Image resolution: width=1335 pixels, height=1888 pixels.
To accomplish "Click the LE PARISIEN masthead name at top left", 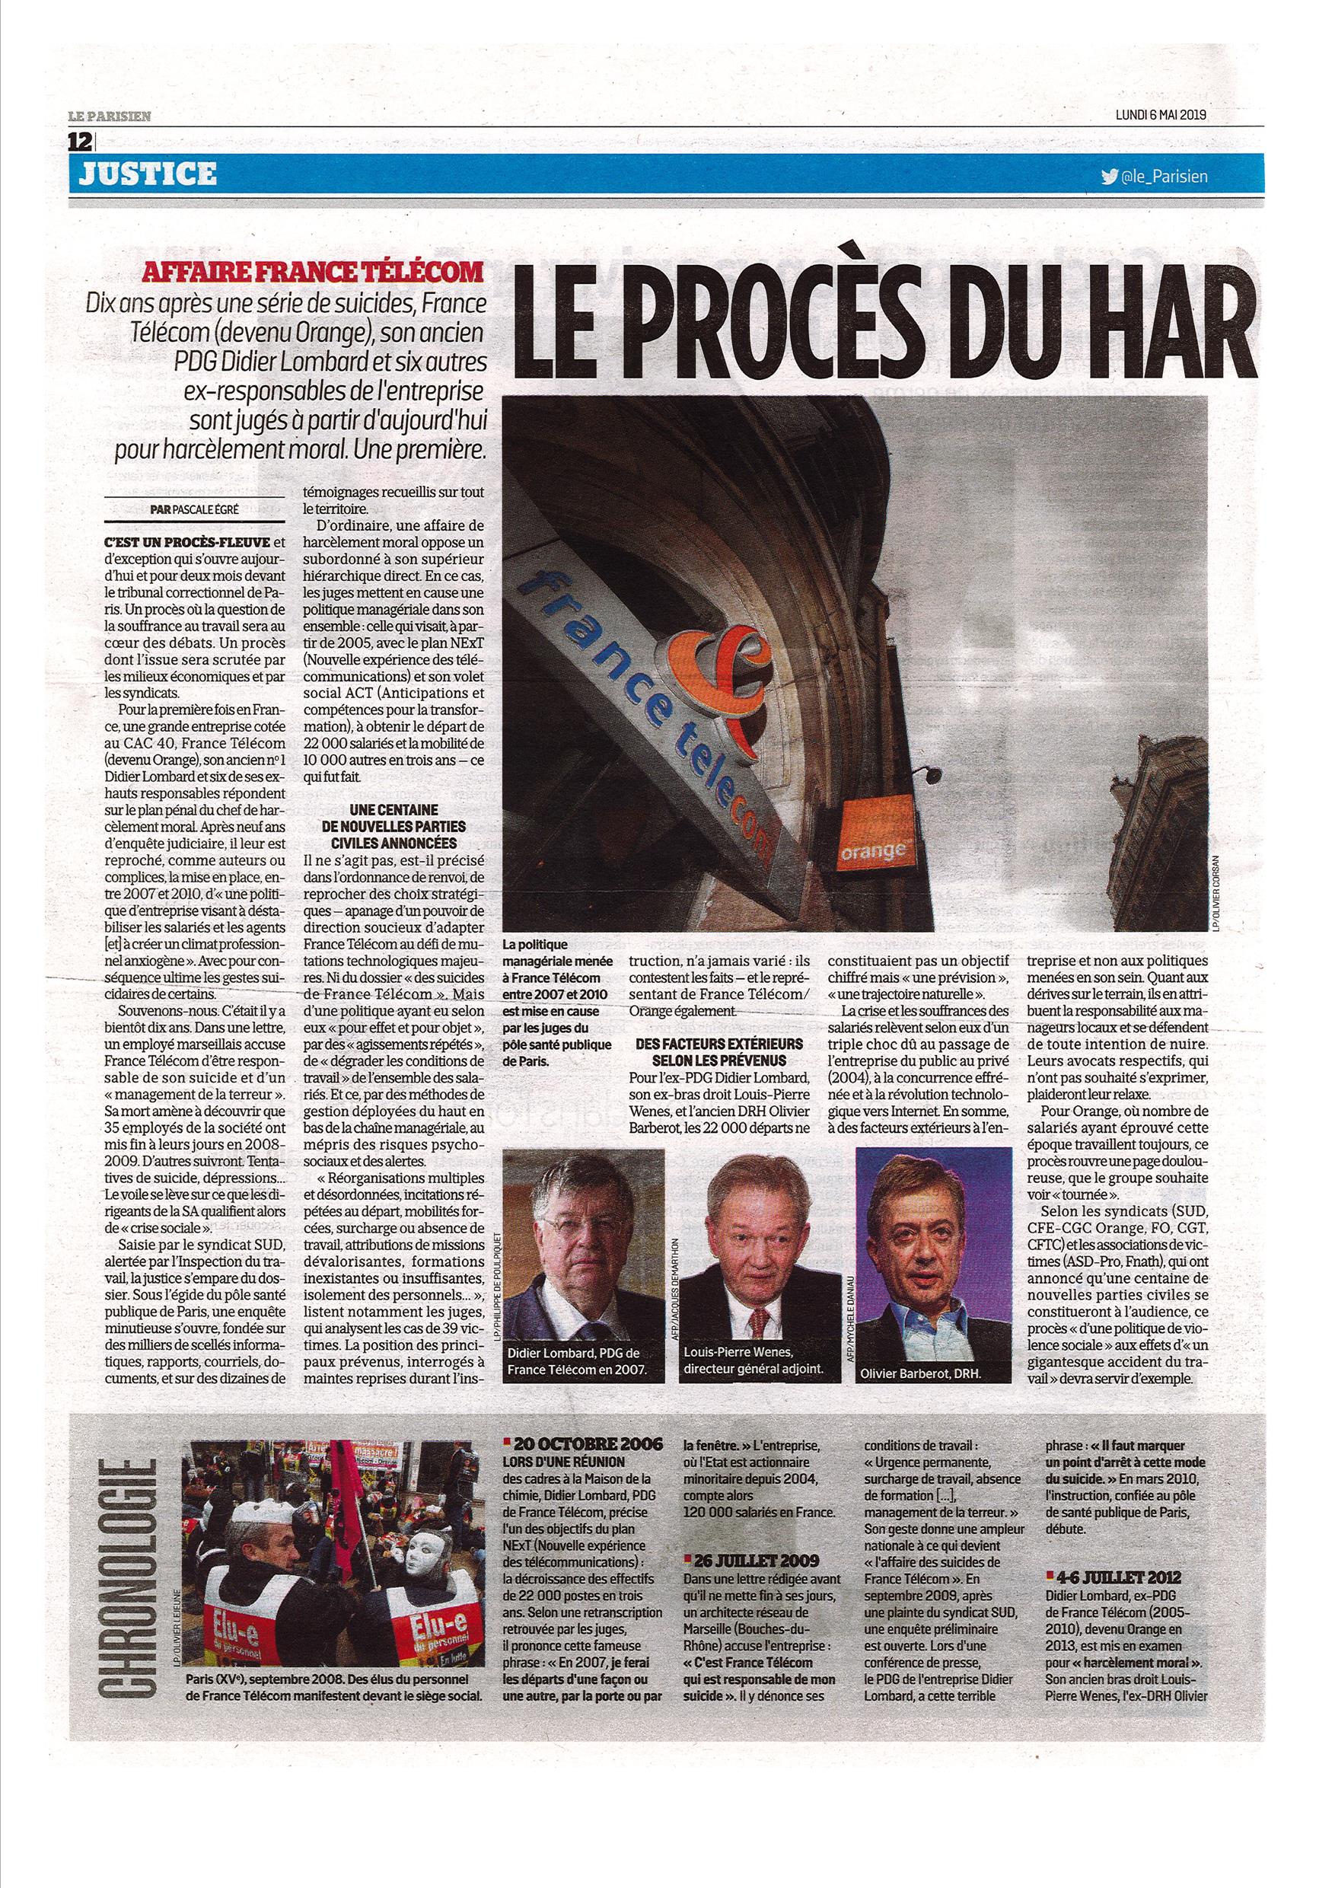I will point(110,116).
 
